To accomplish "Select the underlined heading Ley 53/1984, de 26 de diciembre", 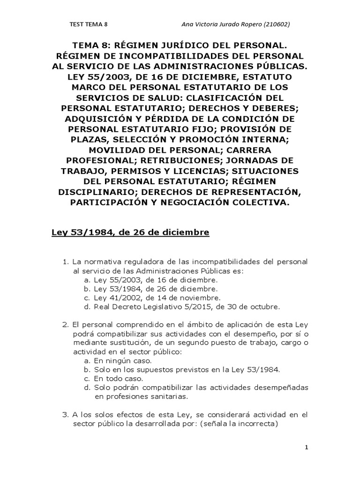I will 130,232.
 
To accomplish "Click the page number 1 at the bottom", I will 306,448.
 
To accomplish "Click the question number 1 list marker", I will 66,262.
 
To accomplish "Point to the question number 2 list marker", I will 65,324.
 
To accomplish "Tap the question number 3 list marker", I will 65,415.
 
